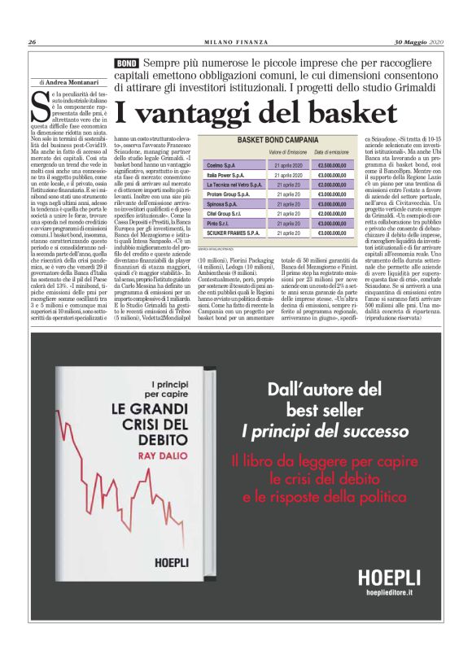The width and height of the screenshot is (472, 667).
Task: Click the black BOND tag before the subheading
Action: tap(126, 63)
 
